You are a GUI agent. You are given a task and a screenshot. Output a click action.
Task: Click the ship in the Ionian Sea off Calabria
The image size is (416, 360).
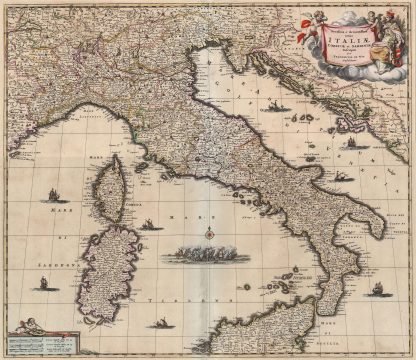tap(377, 291)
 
